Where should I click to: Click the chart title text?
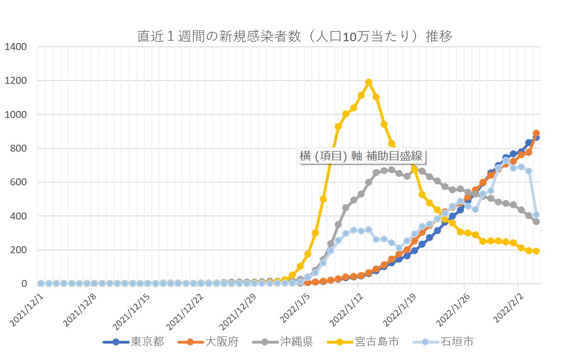point(294,37)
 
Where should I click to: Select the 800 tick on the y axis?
point(19,148)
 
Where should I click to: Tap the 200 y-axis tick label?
point(19,250)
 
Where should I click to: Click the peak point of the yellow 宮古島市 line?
point(368,82)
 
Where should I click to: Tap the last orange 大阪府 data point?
point(536,133)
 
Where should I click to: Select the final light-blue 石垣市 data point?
point(536,214)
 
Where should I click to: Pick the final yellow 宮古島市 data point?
point(536,251)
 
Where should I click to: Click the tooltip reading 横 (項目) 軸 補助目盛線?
point(363,156)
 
